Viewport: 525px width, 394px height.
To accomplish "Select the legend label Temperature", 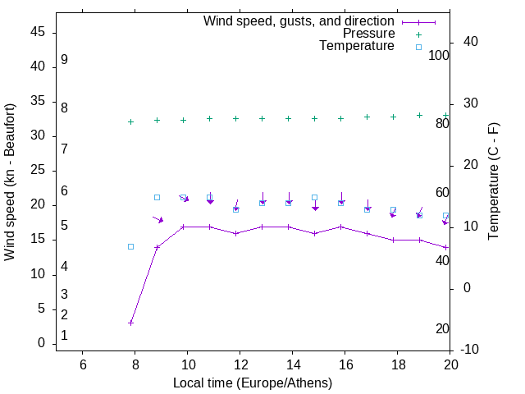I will point(357,46).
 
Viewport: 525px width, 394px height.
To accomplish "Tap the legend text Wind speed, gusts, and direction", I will point(299,21).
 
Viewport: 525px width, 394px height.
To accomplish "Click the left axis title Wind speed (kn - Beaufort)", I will point(10,182).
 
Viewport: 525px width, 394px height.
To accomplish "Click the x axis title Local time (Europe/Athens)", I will point(253,383).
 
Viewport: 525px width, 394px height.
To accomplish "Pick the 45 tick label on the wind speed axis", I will point(37,32).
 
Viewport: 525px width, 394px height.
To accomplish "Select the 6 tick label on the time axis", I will point(82,364).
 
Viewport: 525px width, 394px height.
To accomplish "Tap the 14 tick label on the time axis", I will point(292,364).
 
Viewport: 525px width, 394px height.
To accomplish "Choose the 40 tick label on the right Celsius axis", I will point(472,42).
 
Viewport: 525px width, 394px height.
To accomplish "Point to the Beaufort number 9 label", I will point(64,60).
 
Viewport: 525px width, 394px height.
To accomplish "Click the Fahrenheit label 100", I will point(439,56).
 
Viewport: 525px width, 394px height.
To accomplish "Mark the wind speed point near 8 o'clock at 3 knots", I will point(130,323).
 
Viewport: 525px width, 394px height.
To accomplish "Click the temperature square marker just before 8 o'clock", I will point(130,246).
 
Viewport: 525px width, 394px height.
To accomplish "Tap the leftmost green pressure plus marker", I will point(130,121).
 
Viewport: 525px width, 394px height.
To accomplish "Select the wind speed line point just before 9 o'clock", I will point(157,247).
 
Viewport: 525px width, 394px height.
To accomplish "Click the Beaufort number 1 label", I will point(64,336).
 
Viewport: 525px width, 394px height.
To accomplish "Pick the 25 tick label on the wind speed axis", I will point(37,170).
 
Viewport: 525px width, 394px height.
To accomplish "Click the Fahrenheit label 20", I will point(442,328).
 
